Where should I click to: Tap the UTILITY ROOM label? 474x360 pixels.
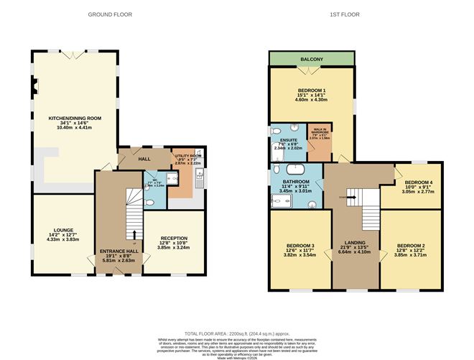(188, 155)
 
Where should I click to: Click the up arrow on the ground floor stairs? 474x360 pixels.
(134, 234)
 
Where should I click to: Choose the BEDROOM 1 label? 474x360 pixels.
(312, 91)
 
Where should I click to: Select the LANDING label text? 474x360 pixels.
(354, 243)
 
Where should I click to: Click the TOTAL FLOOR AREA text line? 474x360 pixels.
(236, 334)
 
